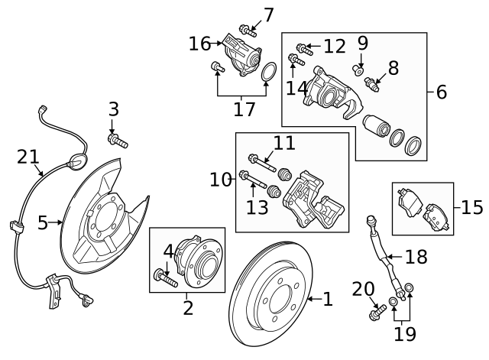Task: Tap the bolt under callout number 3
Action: [x=118, y=141]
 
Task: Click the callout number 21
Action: [x=27, y=157]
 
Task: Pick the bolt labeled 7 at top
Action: [x=248, y=31]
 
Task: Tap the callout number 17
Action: [x=244, y=109]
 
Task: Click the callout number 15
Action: [x=472, y=206]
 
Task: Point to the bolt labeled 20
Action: [x=377, y=311]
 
